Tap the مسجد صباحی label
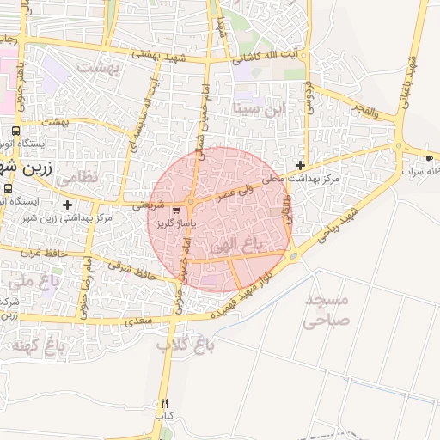(326, 310)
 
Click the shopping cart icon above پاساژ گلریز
(176, 210)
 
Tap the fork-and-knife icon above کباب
(164, 403)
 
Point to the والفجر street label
(364, 108)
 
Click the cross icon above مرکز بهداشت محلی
(300, 164)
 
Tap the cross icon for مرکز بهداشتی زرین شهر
(68, 204)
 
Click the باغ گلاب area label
(184, 345)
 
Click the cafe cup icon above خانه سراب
(430, 159)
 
